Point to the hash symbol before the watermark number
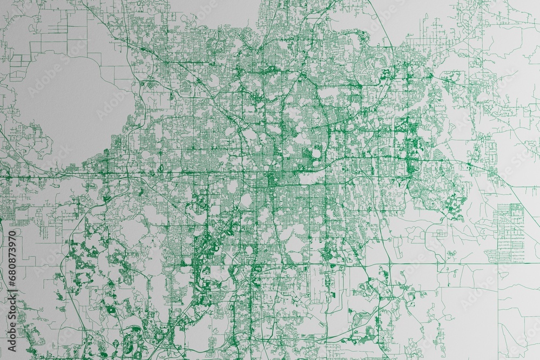click(x=12, y=287)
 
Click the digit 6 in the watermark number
click(x=12, y=279)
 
